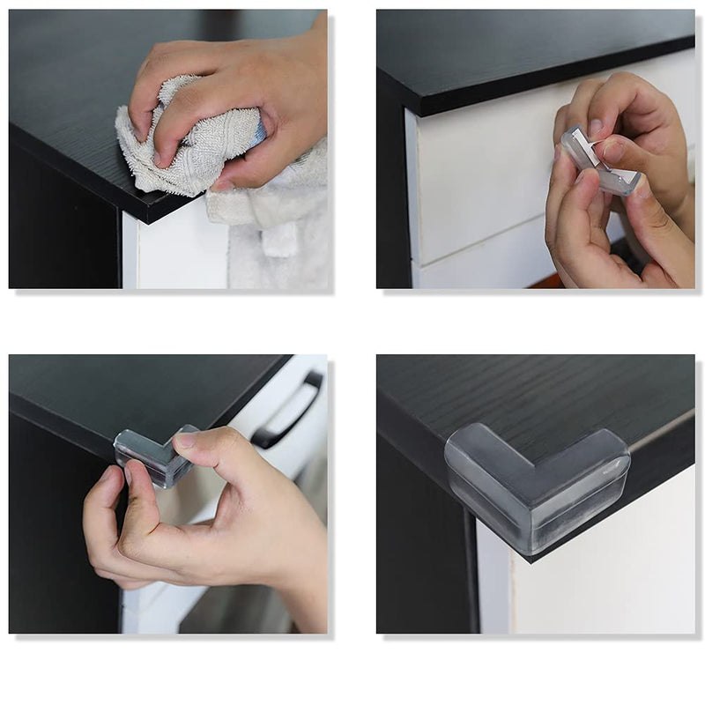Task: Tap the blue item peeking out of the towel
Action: pyautogui.click(x=258, y=133)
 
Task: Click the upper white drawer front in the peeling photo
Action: pyautogui.click(x=480, y=176)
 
